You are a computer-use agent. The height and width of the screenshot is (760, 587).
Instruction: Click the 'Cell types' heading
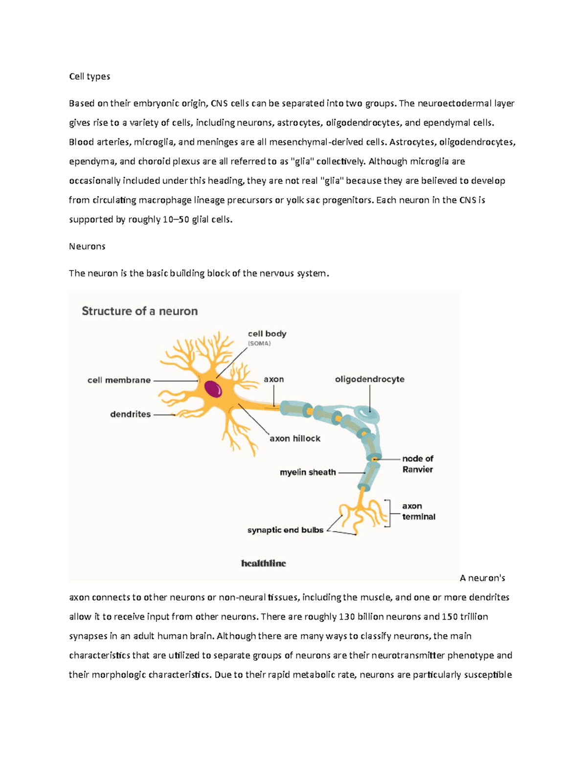(90, 76)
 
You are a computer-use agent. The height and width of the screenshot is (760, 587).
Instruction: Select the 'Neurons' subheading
(87, 246)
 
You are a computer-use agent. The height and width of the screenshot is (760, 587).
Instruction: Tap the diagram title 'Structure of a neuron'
(139, 311)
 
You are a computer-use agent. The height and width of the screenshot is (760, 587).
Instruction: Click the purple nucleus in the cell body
(213, 389)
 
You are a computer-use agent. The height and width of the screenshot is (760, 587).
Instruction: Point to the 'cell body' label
(267, 334)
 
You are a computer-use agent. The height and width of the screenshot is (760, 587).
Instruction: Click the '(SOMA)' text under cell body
(259, 344)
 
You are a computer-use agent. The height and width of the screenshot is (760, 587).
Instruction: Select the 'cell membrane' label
(119, 380)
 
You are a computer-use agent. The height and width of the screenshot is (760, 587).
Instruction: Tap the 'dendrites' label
(130, 414)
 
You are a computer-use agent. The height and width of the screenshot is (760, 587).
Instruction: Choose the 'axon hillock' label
(295, 438)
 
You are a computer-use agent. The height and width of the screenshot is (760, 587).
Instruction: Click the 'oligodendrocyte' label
(369, 379)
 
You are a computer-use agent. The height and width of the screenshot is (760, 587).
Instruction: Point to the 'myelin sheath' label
(308, 472)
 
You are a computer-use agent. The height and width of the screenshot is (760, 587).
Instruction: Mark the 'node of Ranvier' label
(417, 464)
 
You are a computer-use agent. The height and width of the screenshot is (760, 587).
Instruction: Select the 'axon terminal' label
(418, 511)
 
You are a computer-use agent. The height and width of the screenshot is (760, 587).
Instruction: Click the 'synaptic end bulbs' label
(285, 530)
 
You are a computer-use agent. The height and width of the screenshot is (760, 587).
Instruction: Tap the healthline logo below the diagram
(263, 563)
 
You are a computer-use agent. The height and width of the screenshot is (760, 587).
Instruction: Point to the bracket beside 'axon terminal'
(388, 513)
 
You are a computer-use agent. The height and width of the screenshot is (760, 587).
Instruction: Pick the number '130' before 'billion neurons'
(347, 617)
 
